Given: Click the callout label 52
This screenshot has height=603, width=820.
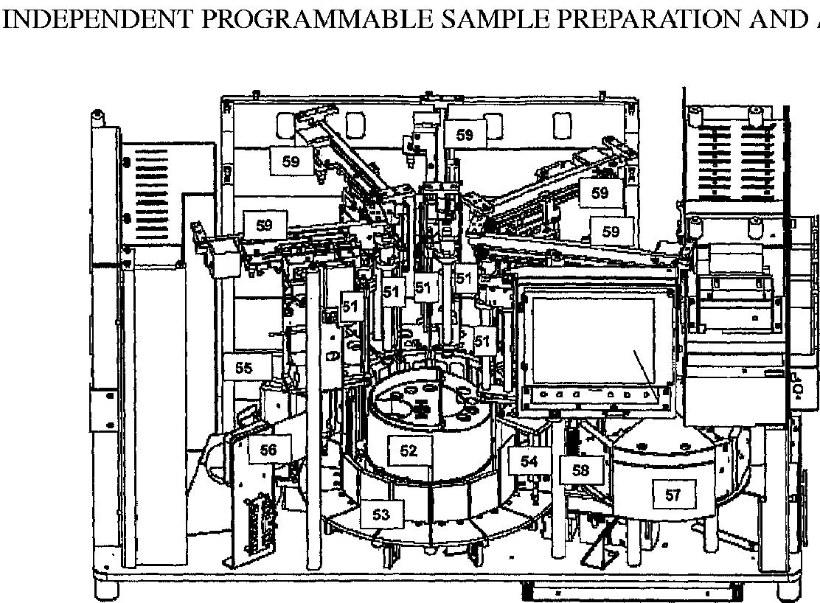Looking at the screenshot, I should point(408,450).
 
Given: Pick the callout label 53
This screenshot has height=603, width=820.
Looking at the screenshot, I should point(381,514).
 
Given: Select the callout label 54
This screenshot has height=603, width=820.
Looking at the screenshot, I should point(529,461).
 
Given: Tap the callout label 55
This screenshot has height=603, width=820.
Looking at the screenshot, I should point(244,366).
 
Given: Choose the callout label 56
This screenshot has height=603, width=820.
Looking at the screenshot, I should point(268,448).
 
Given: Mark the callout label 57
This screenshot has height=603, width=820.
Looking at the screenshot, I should point(673,494).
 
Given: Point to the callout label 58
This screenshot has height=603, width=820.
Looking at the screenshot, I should point(580,470).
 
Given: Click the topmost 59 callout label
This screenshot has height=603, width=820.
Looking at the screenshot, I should point(465,134).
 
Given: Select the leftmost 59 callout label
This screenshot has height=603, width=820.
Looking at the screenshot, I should point(264,225).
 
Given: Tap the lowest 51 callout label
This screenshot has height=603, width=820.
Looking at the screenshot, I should point(482,341).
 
